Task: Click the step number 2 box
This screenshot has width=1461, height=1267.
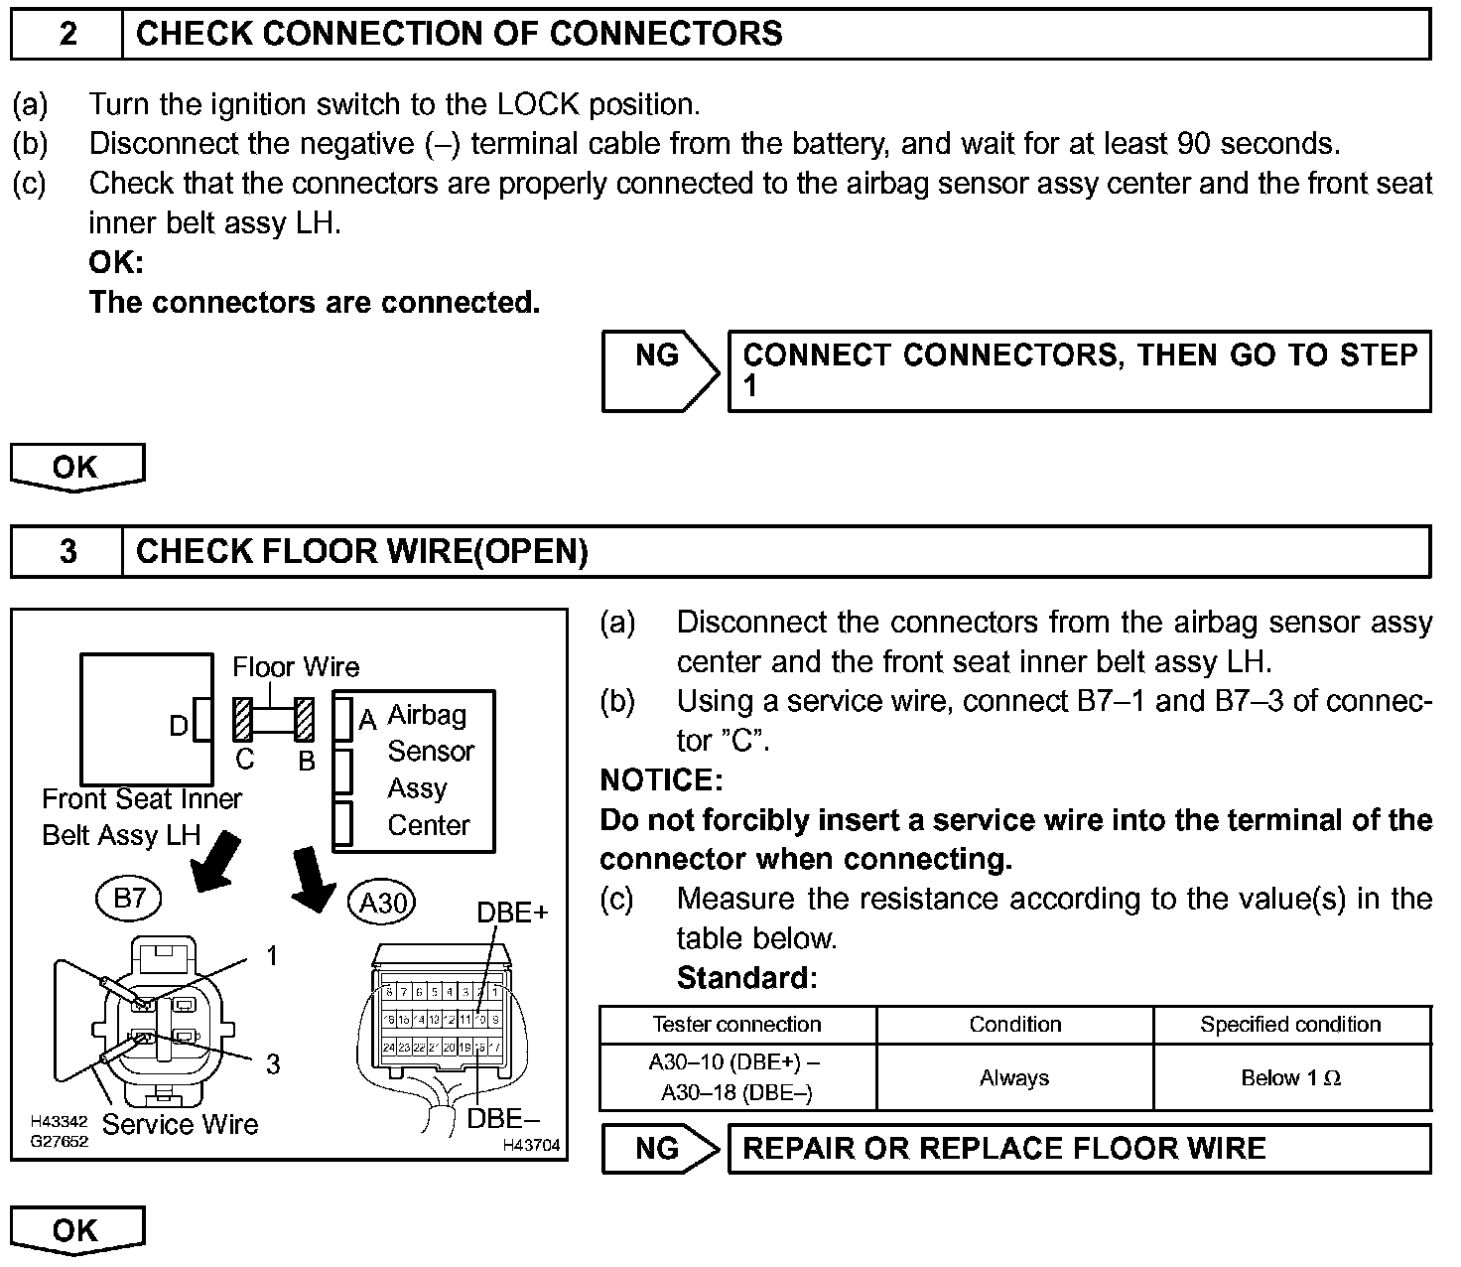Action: [x=66, y=34]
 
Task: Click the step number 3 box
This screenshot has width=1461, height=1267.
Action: [x=66, y=551]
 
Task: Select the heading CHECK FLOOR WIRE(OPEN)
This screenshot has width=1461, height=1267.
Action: [x=362, y=551]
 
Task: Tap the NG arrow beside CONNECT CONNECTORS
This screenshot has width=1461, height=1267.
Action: [x=659, y=370]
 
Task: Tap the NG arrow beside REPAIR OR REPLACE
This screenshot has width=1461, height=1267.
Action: [x=659, y=1149]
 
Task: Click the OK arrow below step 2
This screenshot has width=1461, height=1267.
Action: [x=76, y=467]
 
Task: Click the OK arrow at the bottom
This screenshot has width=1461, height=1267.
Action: [x=76, y=1230]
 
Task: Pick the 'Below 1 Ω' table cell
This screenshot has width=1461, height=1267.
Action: [x=1290, y=1077]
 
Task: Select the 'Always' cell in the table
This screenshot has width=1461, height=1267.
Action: [x=1014, y=1077]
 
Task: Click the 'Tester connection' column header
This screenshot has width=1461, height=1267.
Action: [x=736, y=1024]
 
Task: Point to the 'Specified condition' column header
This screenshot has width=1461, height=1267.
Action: [x=1290, y=1024]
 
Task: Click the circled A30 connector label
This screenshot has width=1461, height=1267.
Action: [x=382, y=904]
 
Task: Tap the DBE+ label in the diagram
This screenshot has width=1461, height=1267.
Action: [x=512, y=912]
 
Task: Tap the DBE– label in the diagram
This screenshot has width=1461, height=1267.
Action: [x=503, y=1118]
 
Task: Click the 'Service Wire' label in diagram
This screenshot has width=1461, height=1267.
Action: [x=180, y=1124]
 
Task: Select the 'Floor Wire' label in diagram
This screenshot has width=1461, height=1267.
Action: [x=296, y=666]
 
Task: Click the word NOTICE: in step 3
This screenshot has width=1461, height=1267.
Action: [x=661, y=779]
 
